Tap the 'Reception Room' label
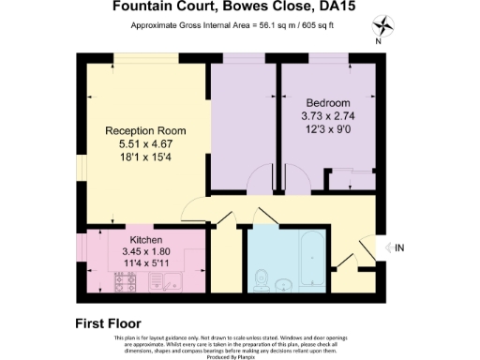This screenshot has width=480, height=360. [x=145, y=130]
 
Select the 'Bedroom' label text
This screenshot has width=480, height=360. [x=327, y=102]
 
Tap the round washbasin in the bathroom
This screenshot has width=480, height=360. [x=286, y=283]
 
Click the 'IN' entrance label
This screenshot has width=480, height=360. [x=398, y=247]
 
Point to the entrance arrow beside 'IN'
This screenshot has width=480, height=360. [x=384, y=247]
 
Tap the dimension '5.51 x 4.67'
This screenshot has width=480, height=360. [x=145, y=145]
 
